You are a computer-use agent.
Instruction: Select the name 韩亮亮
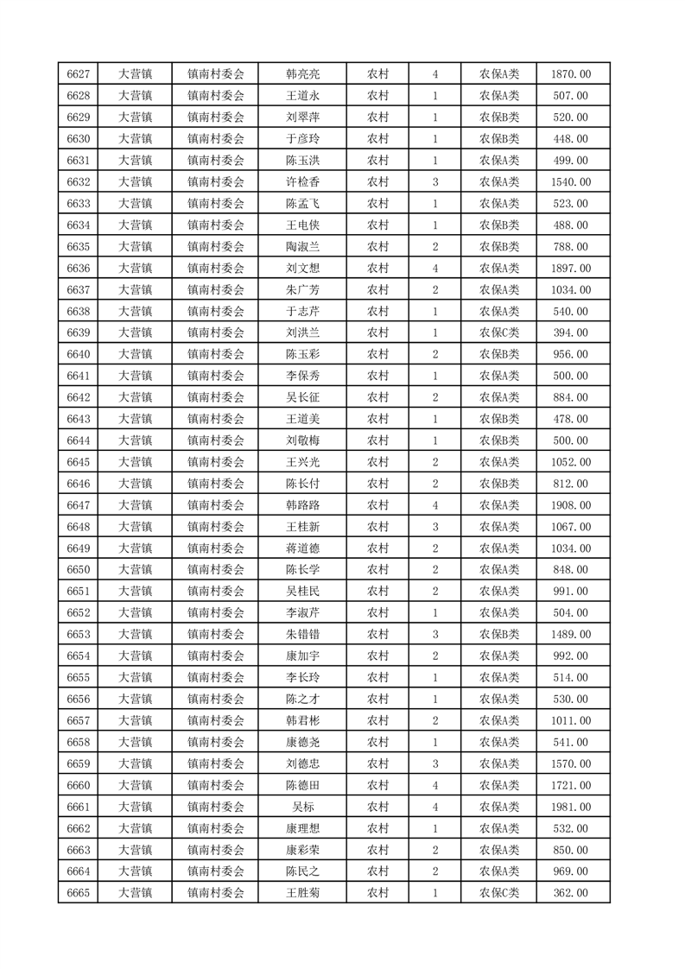coord(303,74)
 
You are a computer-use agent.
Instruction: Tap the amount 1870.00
coord(570,74)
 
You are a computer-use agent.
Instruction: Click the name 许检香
coord(303,182)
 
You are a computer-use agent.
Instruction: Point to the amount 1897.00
coord(570,269)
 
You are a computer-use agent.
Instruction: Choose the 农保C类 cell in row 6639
coord(498,333)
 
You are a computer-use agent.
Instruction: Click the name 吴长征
coord(303,397)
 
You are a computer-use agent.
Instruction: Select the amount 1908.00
coord(570,505)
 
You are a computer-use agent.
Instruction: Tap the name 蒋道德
coord(303,548)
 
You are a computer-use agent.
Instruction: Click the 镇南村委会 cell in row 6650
coord(216,570)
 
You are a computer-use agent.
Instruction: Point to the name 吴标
coord(303,807)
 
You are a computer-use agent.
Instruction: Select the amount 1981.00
coord(570,807)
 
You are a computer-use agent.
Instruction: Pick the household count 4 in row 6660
coord(434,785)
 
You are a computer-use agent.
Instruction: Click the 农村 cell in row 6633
coord(377,204)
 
